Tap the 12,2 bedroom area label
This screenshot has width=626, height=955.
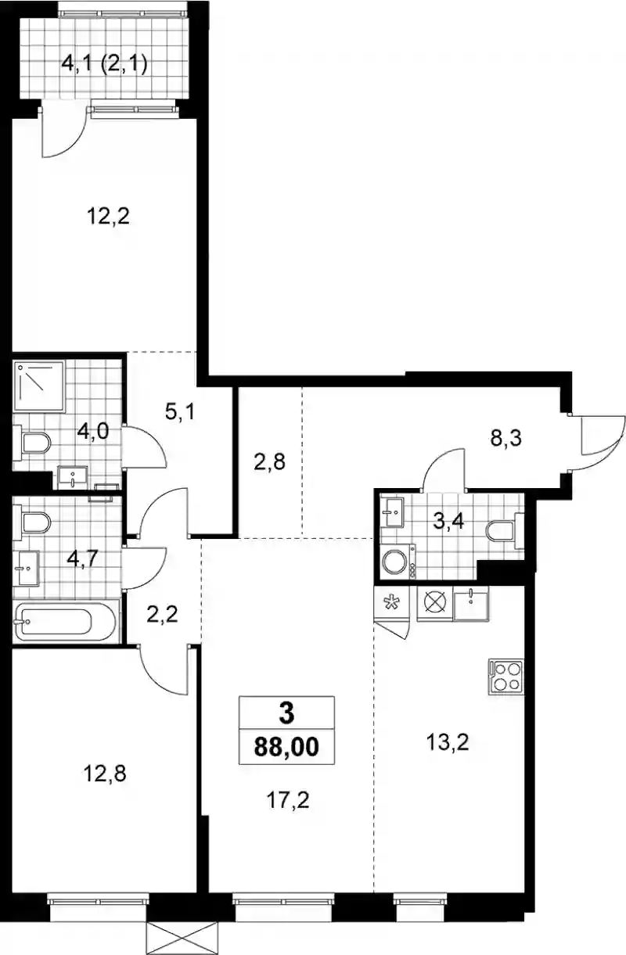[108, 216]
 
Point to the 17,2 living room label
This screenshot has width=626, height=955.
[288, 800]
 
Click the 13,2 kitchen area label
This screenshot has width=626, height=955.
[448, 742]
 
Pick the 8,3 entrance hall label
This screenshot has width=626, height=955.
[505, 437]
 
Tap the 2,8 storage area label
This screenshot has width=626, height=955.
[269, 461]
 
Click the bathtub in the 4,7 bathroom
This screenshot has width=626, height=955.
[65, 621]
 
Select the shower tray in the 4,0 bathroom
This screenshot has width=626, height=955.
[39, 386]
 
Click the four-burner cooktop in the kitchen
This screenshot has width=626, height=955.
[506, 677]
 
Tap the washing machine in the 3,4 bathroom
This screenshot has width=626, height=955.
[399, 561]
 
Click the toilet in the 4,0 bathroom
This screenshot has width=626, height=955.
[32, 443]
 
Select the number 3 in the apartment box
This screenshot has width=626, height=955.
[286, 713]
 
